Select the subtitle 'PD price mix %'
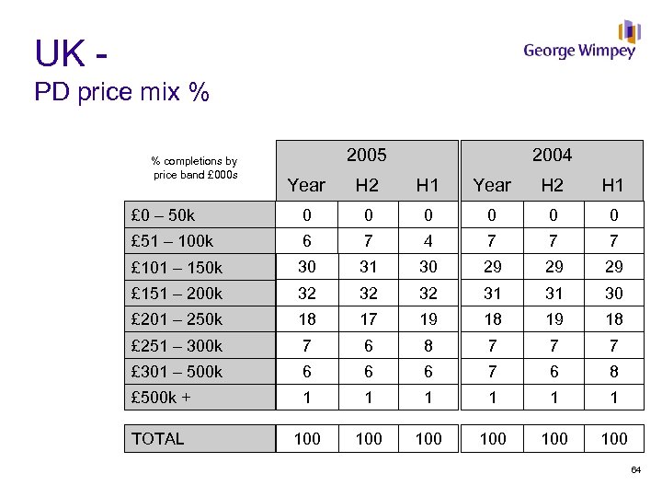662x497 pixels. pyautogui.click(x=121, y=93)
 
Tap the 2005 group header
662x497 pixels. pyautogui.click(x=366, y=155)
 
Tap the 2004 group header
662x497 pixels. pyautogui.click(x=552, y=155)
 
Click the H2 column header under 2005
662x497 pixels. pyautogui.click(x=367, y=186)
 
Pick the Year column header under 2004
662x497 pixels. pyautogui.click(x=492, y=186)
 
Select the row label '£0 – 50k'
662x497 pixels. pyautogui.click(x=163, y=215)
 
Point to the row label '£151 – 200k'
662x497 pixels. pyautogui.click(x=177, y=294)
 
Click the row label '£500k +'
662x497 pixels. pyautogui.click(x=162, y=398)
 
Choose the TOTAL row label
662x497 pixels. pyautogui.click(x=158, y=439)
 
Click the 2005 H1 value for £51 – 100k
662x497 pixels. pyautogui.click(x=428, y=241)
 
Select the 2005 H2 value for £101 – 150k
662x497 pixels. pyautogui.click(x=367, y=267)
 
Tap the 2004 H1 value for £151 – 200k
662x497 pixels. pyautogui.click(x=613, y=294)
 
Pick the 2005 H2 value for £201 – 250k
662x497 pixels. pyautogui.click(x=367, y=319)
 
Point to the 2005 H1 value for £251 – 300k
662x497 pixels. pyautogui.click(x=428, y=346)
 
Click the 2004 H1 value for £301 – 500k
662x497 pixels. pyautogui.click(x=613, y=372)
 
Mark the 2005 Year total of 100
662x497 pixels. pyautogui.click(x=307, y=439)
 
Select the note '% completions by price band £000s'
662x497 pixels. pyautogui.click(x=194, y=168)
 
